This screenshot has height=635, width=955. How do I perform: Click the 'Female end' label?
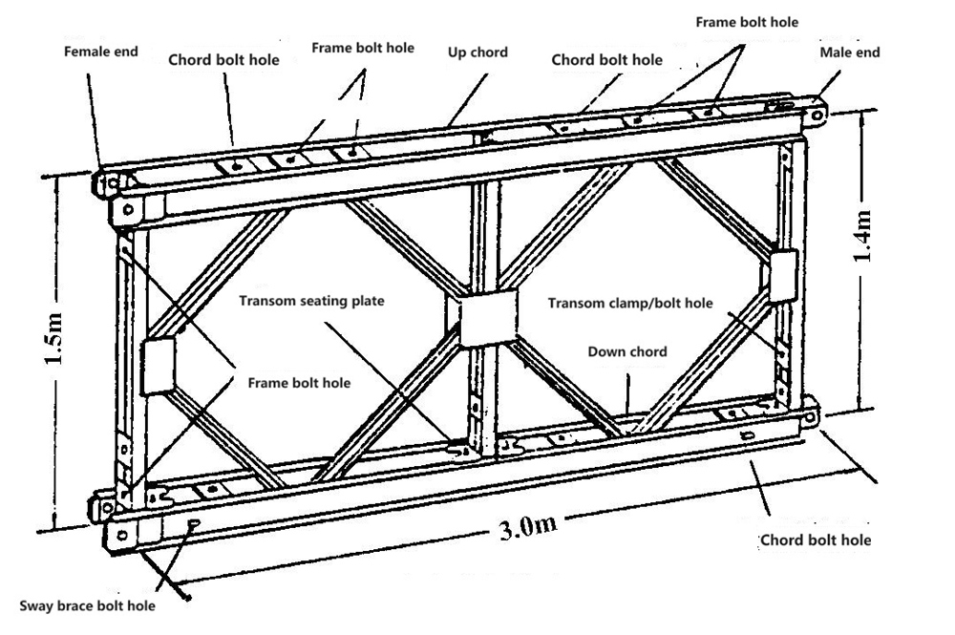[x=100, y=52]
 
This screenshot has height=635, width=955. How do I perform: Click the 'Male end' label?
[x=849, y=53]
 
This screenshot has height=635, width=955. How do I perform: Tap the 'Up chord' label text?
[x=477, y=53]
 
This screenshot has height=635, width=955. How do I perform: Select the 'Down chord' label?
[x=627, y=351]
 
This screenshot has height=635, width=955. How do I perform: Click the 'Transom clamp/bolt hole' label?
[x=630, y=303]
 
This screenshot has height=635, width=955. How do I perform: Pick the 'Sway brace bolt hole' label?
[x=89, y=605]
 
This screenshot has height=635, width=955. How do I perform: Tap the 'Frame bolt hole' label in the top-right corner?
[x=746, y=21]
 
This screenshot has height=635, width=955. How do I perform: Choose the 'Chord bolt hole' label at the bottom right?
[x=816, y=540]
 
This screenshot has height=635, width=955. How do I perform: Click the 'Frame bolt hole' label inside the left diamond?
[x=299, y=383]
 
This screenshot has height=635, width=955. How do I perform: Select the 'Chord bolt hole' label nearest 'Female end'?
[x=225, y=59]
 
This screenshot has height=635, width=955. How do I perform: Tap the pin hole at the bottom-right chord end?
[x=813, y=418]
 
